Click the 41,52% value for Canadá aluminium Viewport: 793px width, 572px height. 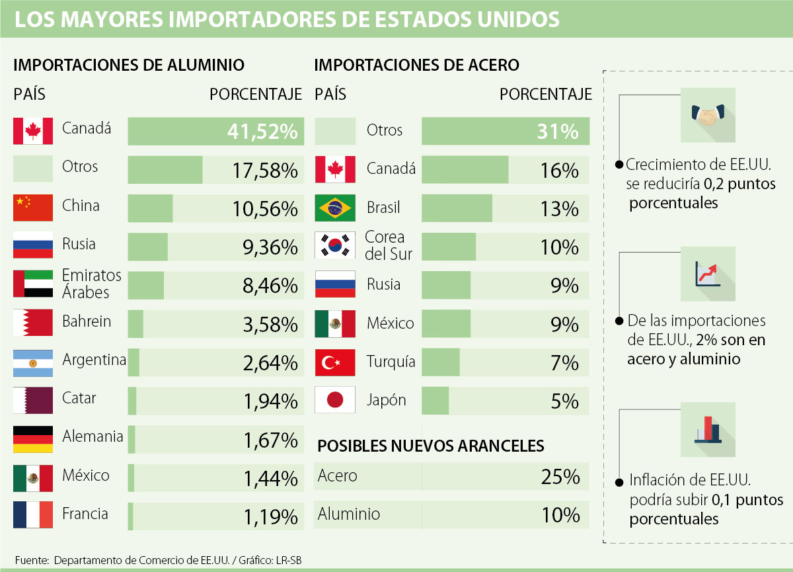coord(262,132)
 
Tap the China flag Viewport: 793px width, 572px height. coord(33,208)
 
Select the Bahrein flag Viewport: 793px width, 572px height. coord(33,323)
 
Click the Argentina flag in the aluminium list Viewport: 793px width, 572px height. coord(33,362)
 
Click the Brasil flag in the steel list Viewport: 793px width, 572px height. coord(336,208)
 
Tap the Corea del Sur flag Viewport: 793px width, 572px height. coord(336,246)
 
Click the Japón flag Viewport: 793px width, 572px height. coord(336,400)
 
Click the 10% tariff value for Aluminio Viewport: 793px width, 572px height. coord(560,515)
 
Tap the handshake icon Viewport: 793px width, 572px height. coord(707,115)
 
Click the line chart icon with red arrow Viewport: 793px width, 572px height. coord(707,274)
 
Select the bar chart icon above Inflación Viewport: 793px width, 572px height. coord(707,430)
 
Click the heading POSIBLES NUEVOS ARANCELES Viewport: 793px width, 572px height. coord(431,446)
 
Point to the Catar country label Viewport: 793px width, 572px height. coord(79,398)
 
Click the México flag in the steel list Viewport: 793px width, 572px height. coord(336,323)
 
